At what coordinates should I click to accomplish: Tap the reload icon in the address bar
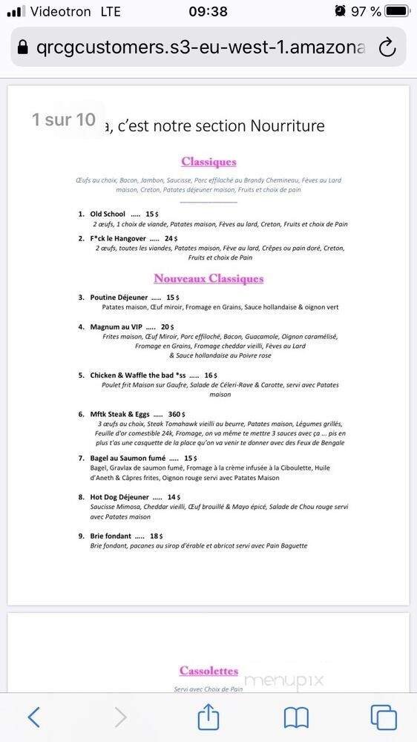387,47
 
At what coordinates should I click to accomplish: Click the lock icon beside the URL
23,47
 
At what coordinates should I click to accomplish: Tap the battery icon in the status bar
397,11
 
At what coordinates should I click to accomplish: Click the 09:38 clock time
208,11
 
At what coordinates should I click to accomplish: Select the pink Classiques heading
208,162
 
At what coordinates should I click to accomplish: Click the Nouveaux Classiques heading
208,279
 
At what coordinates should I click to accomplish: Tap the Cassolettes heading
208,671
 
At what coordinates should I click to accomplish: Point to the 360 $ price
177,414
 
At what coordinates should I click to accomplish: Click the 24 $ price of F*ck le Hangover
171,239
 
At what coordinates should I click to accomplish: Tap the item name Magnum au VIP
116,326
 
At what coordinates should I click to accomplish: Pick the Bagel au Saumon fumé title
128,459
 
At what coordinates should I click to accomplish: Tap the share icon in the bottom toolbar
208,717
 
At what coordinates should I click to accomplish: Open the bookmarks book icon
296,717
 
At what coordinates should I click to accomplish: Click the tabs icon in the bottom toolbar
384,717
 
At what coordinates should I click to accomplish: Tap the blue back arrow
33,717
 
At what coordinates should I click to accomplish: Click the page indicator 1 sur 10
64,119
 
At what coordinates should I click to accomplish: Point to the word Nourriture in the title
288,125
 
